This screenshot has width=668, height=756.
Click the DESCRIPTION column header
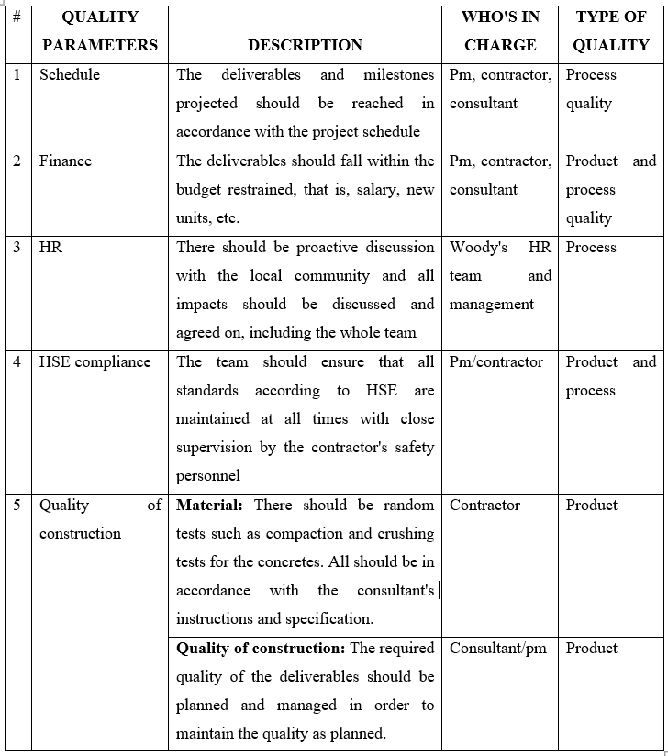click(x=305, y=45)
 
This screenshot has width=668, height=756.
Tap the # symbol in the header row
click(x=17, y=17)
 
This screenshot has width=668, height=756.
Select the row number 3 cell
click(x=17, y=248)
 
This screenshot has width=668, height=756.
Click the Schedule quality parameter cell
click(x=70, y=74)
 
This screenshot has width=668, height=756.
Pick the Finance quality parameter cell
click(x=65, y=161)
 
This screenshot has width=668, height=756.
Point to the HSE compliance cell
click(x=95, y=361)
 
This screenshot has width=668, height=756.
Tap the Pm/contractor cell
click(x=496, y=361)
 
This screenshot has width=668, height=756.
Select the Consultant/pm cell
click(x=497, y=648)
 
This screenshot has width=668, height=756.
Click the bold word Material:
click(x=210, y=505)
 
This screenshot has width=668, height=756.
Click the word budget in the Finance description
click(x=199, y=190)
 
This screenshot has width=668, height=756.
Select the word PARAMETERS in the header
click(x=100, y=45)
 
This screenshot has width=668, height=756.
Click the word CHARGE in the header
click(x=499, y=45)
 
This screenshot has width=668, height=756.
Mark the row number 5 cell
click(x=17, y=505)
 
